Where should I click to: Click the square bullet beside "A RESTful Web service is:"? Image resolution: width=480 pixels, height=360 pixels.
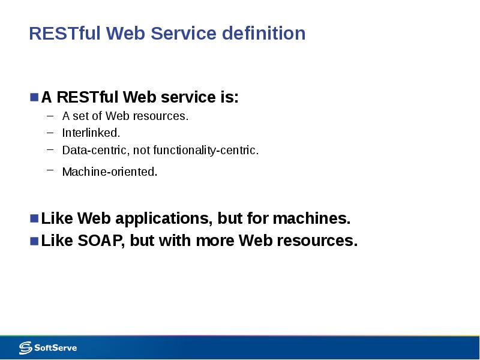(34, 96)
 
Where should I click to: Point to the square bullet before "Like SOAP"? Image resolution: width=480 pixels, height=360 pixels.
(34, 240)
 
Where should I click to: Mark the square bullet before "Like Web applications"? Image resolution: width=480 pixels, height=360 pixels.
(34, 217)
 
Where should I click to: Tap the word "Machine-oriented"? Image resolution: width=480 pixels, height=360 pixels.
(109, 172)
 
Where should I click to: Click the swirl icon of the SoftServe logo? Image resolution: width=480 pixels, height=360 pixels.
(25, 347)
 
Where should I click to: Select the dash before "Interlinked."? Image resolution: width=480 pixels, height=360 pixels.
(50, 131)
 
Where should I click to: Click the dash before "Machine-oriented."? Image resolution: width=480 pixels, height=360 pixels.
(50, 170)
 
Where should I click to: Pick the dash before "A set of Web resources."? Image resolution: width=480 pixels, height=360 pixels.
(50, 114)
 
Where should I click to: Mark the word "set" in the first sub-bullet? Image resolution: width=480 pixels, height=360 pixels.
(80, 116)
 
